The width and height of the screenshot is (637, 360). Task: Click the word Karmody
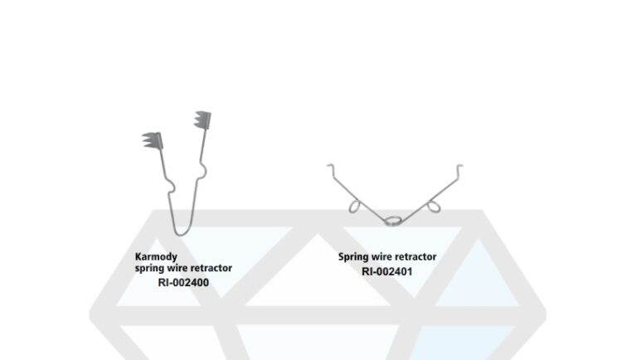click(x=156, y=257)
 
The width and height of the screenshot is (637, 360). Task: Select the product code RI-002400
click(x=183, y=282)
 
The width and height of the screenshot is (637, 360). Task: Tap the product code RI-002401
click(x=387, y=271)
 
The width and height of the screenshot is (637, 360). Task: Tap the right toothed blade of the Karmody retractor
click(x=202, y=119)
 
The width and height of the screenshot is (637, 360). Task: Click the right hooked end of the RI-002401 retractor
click(x=460, y=168)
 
